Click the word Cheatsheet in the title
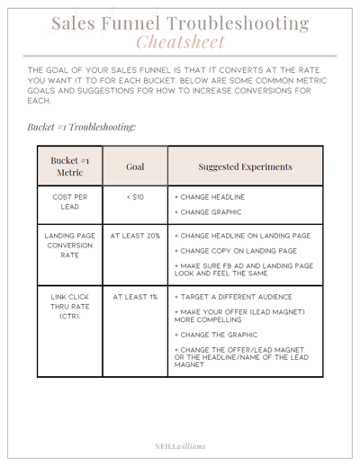click(x=180, y=42)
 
